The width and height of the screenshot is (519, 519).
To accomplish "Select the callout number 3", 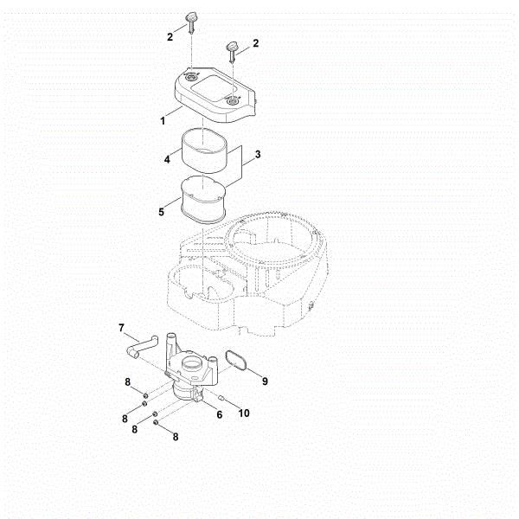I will [x=257, y=157].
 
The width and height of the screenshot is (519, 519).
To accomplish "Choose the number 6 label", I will [x=219, y=415].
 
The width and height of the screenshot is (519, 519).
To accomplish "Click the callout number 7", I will [x=122, y=326].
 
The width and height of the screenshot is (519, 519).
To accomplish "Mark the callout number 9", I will [x=265, y=380].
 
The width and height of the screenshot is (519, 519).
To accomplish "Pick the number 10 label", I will [x=245, y=413].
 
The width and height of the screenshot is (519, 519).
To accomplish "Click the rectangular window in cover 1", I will [x=208, y=86].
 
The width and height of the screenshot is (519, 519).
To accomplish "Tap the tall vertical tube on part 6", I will [x=170, y=341].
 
